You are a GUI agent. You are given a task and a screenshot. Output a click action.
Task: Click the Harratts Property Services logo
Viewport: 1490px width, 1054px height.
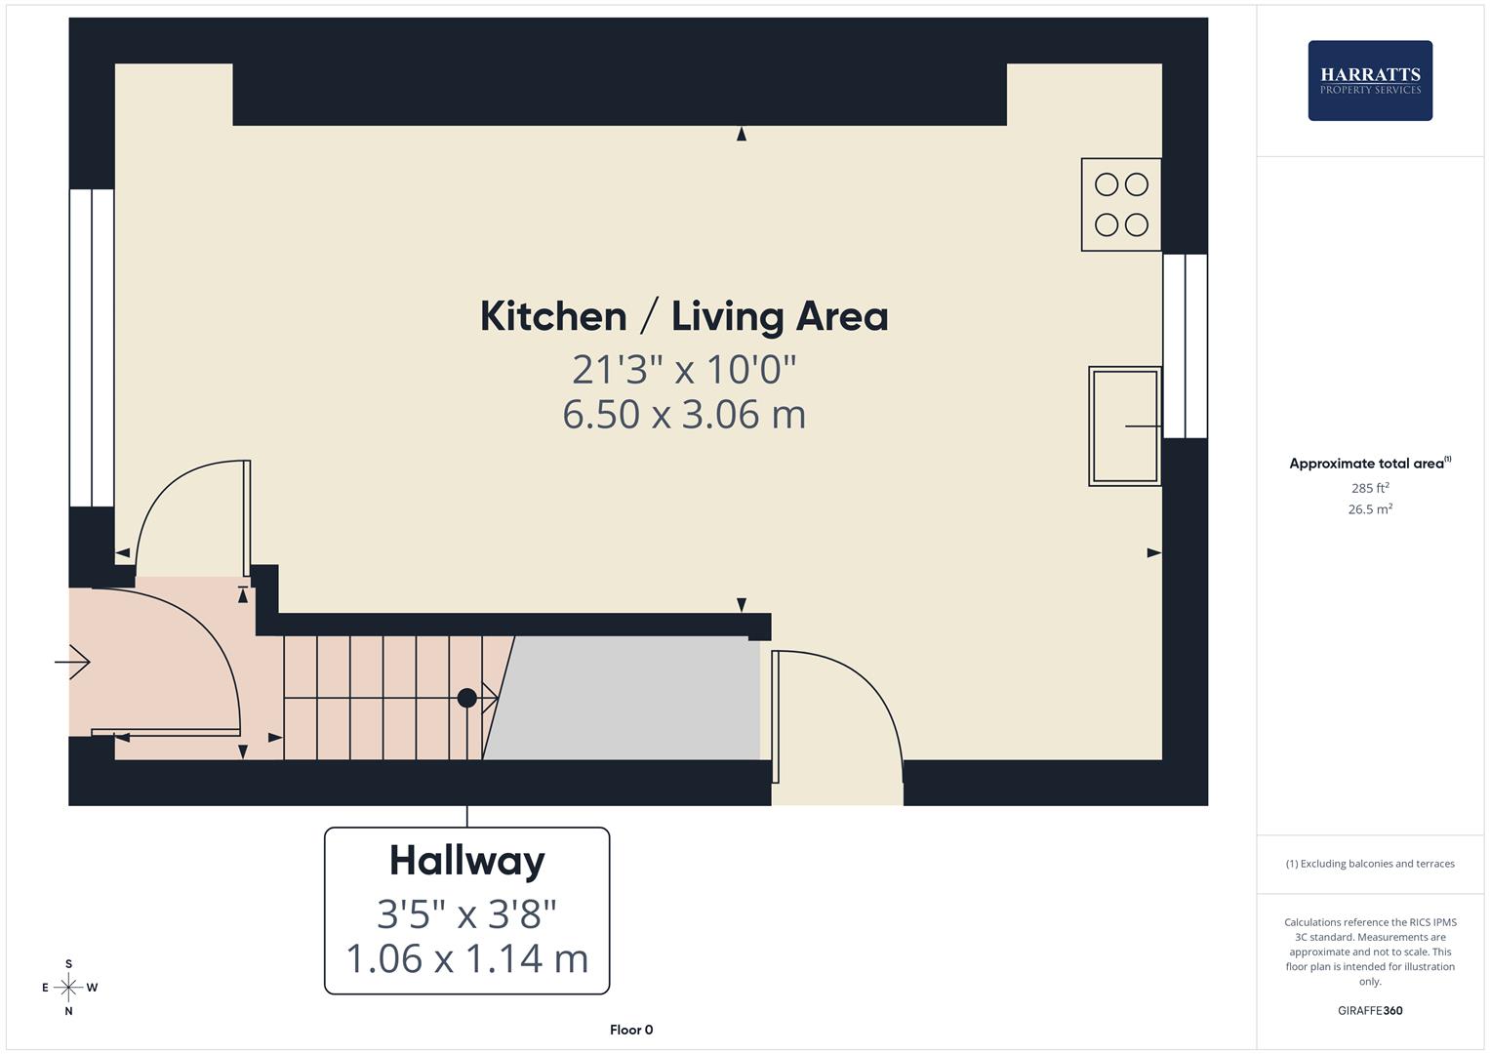[1369, 81]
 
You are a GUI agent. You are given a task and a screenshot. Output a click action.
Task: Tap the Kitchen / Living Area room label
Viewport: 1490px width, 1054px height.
[684, 316]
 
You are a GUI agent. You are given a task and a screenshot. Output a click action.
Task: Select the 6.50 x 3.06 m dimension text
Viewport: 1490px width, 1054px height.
[684, 414]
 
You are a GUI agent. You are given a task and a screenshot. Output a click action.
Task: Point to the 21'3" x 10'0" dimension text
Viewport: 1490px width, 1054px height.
[684, 370]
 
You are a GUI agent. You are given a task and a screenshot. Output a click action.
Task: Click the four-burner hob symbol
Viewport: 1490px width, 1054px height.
[1120, 205]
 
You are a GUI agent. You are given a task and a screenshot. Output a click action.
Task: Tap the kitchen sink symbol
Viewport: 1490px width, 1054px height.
[1124, 426]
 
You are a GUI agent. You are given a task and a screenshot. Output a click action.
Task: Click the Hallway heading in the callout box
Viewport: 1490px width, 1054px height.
[466, 861]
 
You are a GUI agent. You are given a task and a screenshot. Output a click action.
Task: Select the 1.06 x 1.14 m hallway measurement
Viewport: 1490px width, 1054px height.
[466, 958]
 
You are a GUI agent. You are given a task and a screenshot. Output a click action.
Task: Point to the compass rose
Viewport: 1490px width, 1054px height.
[68, 988]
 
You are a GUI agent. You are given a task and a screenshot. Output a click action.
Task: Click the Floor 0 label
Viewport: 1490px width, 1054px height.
[631, 1030]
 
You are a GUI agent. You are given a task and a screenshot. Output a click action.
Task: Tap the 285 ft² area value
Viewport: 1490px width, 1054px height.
[1369, 488]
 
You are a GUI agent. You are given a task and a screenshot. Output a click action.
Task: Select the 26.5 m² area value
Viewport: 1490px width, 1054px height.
[1369, 509]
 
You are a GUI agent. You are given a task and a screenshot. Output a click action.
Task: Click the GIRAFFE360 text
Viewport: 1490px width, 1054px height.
[1369, 1011]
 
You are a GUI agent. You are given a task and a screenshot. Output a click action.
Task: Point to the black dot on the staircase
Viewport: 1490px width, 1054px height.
[466, 698]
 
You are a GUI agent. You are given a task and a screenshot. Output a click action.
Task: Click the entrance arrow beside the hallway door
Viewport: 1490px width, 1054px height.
[72, 663]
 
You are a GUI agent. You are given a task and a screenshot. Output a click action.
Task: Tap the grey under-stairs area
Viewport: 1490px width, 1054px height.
[624, 698]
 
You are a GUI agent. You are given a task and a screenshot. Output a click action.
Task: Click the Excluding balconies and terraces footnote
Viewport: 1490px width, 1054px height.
[1369, 864]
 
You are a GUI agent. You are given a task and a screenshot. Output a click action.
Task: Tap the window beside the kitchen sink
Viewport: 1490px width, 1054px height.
[1185, 346]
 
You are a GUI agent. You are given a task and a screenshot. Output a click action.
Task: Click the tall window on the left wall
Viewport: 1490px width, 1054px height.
[92, 347]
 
